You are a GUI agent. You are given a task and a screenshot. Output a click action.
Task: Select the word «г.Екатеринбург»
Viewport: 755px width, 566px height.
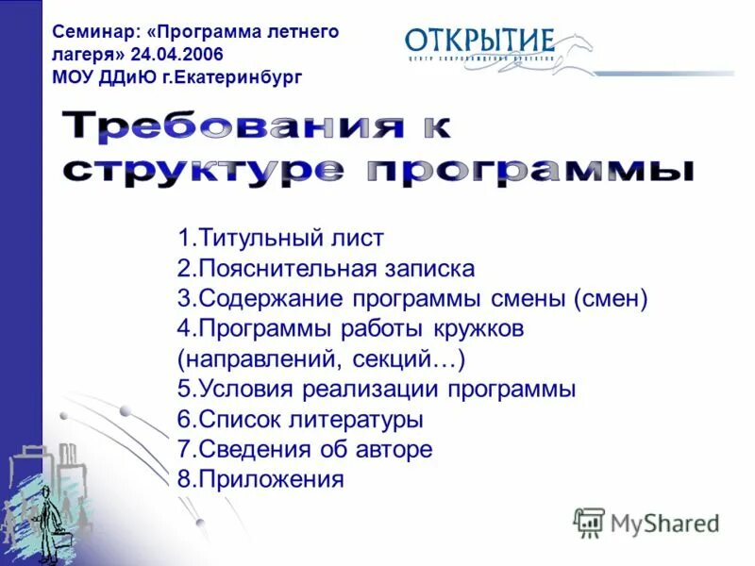pyautogui.click(x=243, y=77)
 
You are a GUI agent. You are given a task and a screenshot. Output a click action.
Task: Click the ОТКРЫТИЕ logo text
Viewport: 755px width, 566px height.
pyautogui.click(x=478, y=41)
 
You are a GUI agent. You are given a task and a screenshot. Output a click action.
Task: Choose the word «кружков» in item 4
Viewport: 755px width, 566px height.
pyautogui.click(x=474, y=329)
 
